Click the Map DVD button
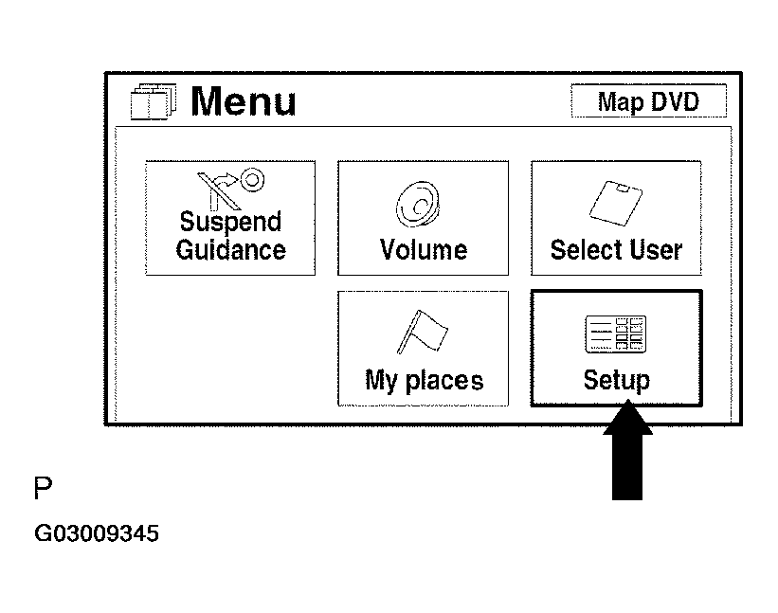click(648, 101)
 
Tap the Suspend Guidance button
click(230, 218)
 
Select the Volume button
click(423, 218)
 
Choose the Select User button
click(616, 218)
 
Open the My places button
click(423, 348)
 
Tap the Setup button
click(616, 348)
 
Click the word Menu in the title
click(244, 101)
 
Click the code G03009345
click(97, 534)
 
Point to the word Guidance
click(230, 250)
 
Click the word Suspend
click(230, 223)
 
